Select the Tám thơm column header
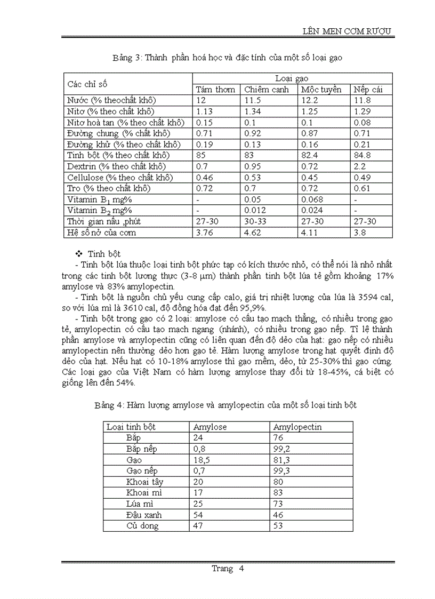click(215, 90)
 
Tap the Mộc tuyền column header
click(321, 90)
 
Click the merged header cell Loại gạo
click(292, 78)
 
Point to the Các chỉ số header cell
click(87, 84)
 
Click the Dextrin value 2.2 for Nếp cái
click(359, 166)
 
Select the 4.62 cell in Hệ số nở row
click(253, 233)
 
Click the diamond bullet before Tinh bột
click(79, 254)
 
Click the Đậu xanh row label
click(144, 515)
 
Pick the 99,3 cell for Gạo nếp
click(281, 471)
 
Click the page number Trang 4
click(228, 569)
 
